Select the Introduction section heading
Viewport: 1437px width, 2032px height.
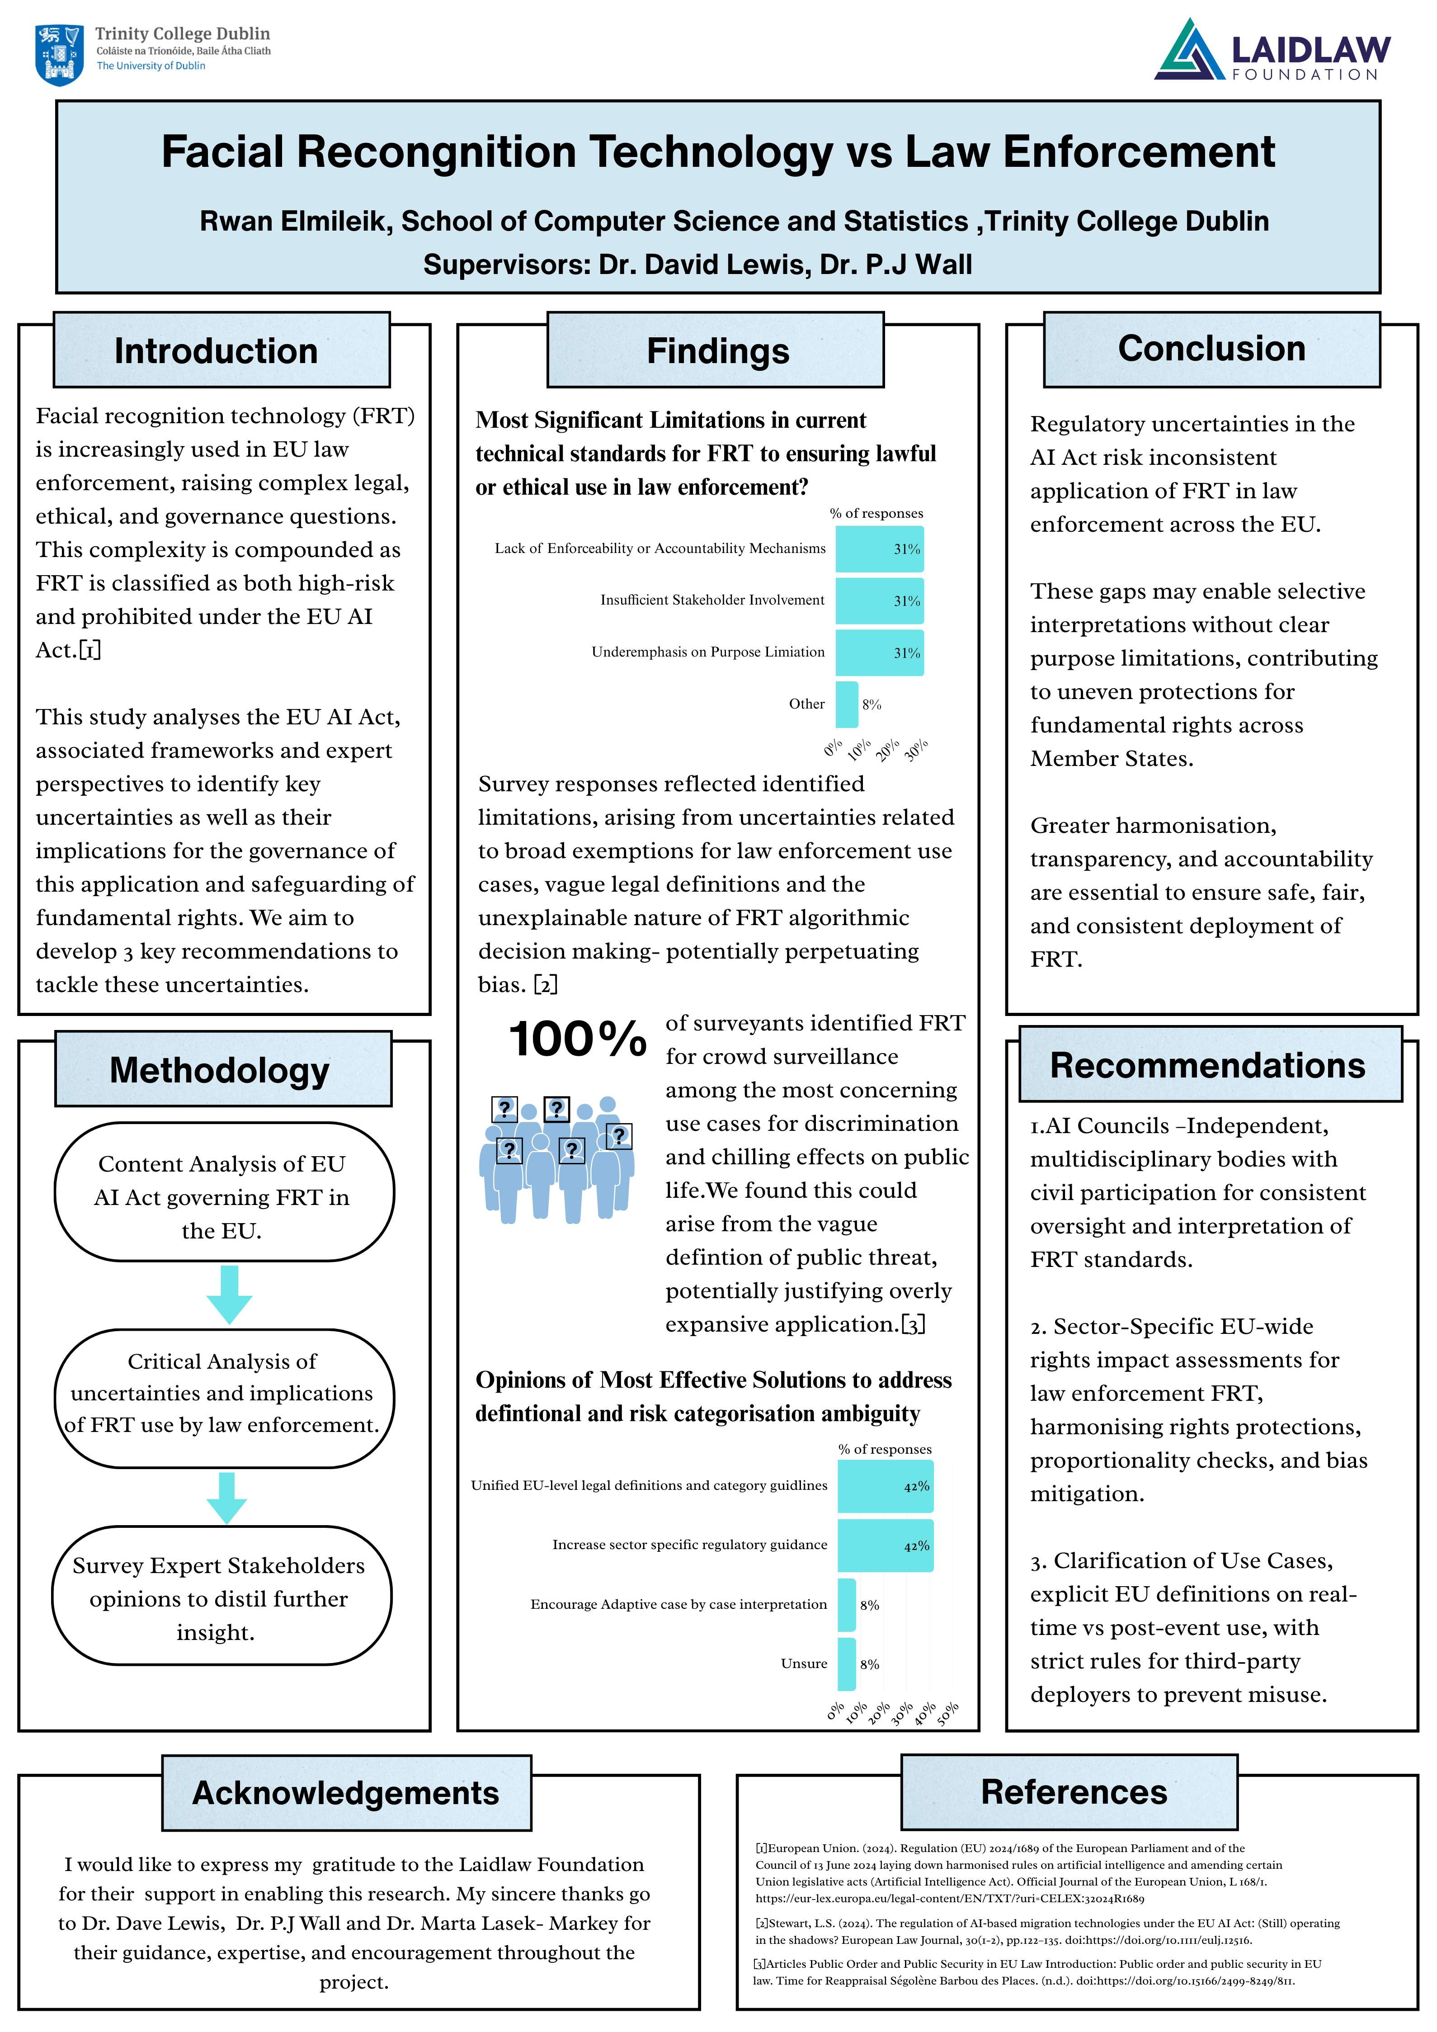(216, 350)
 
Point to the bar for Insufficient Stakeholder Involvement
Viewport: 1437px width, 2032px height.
(879, 601)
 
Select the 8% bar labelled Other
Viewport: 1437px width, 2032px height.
(847, 704)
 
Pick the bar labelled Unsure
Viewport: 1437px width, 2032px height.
(847, 1664)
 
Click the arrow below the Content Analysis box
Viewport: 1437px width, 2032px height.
(229, 1294)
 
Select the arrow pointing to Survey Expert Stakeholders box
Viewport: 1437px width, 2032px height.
(226, 1498)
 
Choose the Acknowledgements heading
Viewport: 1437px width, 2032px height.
(346, 1792)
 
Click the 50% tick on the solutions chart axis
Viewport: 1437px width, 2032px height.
(947, 1714)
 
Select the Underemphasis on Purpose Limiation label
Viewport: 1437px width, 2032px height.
(708, 652)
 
